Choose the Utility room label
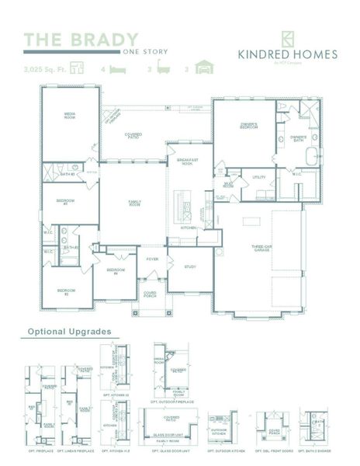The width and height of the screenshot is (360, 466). click(259, 177)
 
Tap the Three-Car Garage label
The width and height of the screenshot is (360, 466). click(260, 249)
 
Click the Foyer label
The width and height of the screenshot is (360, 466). click(152, 259)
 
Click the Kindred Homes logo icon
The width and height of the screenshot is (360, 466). click(286, 38)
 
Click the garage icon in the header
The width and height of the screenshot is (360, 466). click(204, 68)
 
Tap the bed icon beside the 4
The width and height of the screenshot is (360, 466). click(117, 69)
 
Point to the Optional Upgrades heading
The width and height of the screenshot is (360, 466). click(70, 332)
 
